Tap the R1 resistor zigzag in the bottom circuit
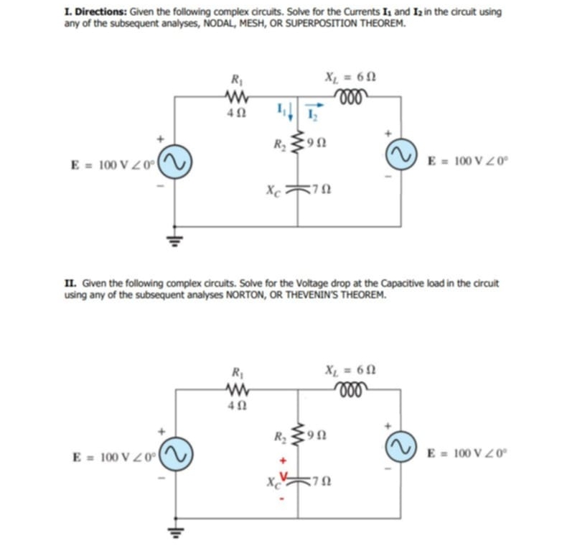click(236, 389)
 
